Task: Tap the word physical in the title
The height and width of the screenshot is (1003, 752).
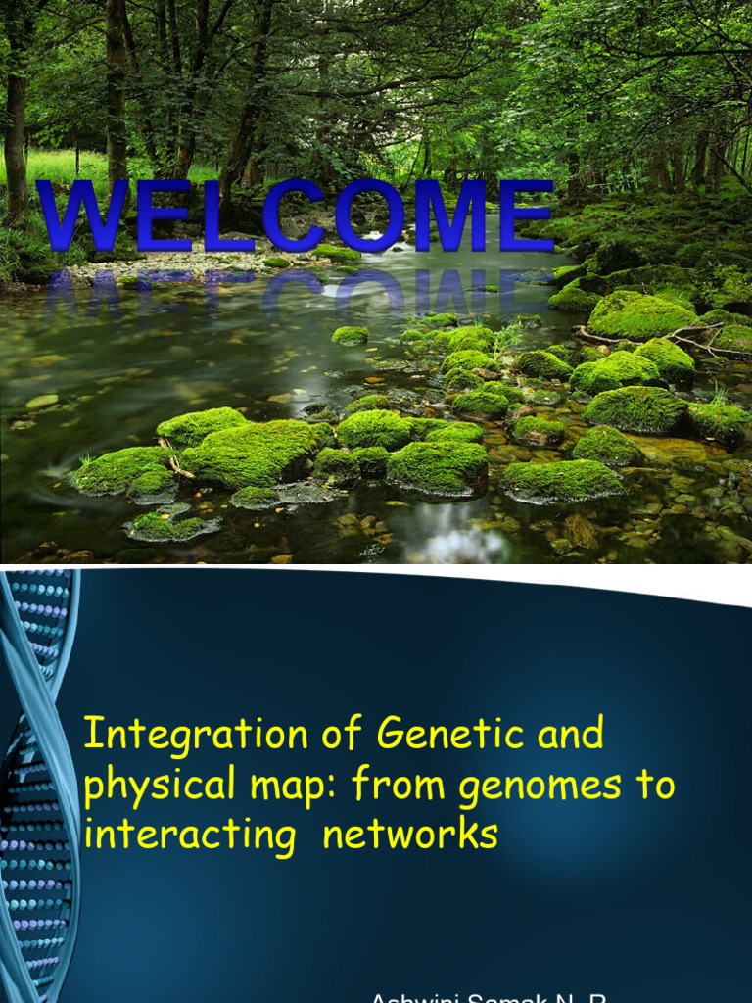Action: [147, 786]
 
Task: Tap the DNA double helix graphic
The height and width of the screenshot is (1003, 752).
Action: [37, 784]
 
